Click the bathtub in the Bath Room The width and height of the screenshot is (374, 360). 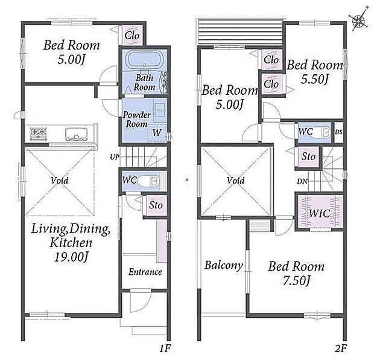pos(144,59)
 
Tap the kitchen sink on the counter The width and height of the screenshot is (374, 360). pos(76,135)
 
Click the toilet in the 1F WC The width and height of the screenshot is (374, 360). pos(148,181)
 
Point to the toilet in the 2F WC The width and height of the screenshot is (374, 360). pos(322,132)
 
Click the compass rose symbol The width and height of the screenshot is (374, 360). pos(358,20)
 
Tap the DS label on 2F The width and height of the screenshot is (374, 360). pos(338,132)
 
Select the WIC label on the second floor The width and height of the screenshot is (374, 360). pos(320,213)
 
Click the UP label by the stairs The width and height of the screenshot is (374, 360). pos(115,157)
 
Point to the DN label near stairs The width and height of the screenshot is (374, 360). pos(302,182)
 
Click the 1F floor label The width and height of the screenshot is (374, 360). pos(165,349)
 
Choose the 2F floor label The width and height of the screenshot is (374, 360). pos(340,349)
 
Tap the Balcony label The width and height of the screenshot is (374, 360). pos(223,265)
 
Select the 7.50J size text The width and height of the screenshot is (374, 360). pos(296,281)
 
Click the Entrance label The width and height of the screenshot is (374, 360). pos(145,272)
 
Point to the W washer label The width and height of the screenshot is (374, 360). pos(157,132)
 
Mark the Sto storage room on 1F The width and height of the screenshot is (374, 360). pos(156,205)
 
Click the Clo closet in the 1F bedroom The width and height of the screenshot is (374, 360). pos(132,36)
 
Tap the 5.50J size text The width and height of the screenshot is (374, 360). pos(315,79)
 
